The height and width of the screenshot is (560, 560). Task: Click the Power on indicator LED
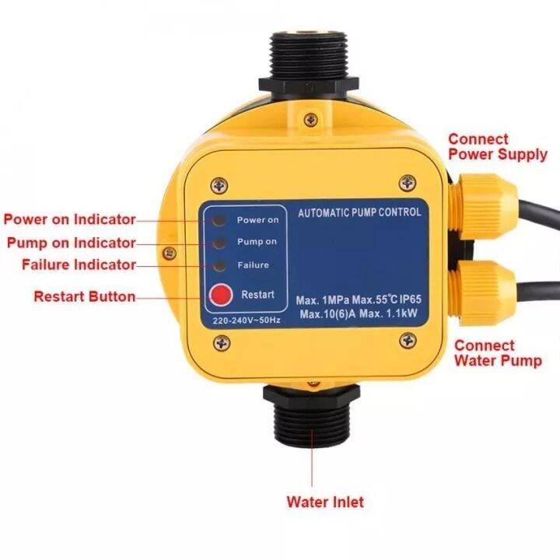222,219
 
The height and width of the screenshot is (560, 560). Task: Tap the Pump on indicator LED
222,242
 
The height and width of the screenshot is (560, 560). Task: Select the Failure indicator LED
222,265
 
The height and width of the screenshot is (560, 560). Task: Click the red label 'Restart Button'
84,296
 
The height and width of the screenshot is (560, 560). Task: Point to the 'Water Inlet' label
324,502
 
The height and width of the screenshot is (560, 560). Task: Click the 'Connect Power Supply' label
497,147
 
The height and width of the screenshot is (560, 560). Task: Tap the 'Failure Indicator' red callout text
79,265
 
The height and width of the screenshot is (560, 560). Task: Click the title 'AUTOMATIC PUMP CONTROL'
359,212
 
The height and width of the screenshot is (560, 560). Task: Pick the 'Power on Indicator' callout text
70,219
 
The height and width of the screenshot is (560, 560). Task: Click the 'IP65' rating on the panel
426,299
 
